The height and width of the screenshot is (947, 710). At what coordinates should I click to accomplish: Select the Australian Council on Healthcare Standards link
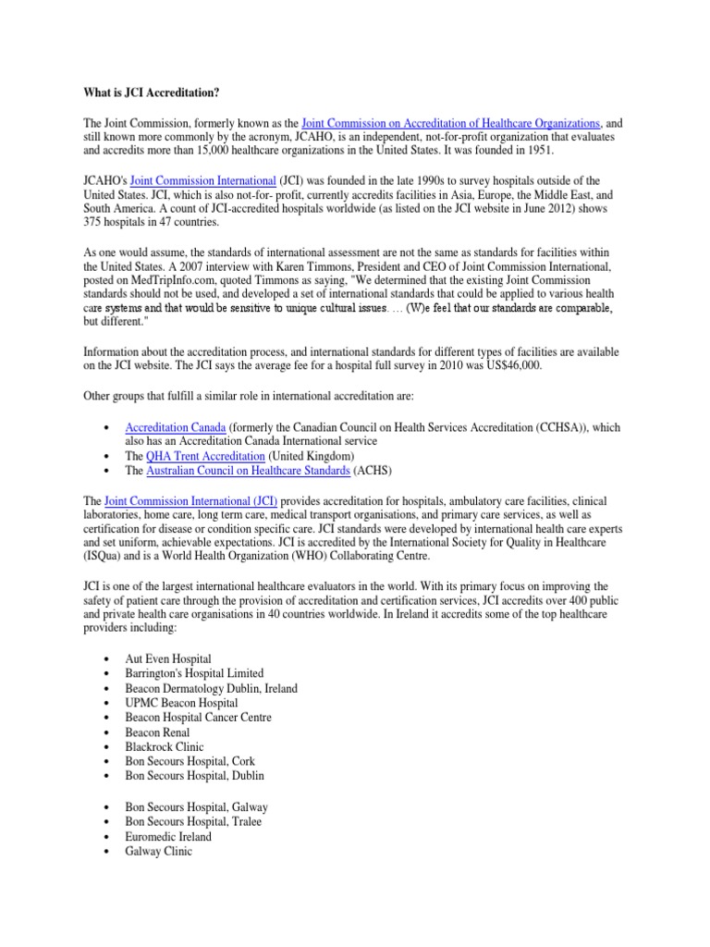tap(248, 471)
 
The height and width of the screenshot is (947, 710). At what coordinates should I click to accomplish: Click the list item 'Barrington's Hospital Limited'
tap(194, 673)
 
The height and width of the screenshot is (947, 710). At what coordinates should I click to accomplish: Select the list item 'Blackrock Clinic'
tap(165, 747)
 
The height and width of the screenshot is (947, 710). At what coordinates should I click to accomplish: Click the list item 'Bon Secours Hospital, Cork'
tap(189, 762)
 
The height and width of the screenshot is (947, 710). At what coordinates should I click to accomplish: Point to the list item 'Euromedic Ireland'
tap(168, 837)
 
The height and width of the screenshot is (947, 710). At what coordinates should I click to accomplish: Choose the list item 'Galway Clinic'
tap(159, 852)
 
